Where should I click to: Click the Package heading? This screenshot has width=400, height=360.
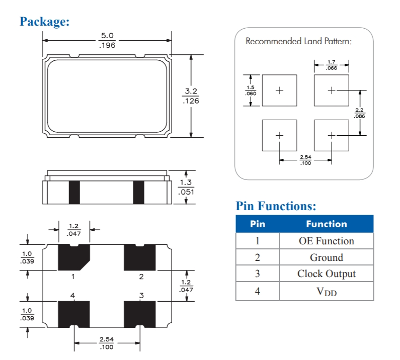(x=44, y=22)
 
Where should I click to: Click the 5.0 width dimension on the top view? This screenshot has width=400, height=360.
(x=107, y=36)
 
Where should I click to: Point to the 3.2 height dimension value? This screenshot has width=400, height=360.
(x=191, y=91)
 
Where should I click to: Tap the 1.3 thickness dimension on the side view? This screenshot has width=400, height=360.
(x=186, y=183)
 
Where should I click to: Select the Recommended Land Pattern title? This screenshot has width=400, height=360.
(x=298, y=41)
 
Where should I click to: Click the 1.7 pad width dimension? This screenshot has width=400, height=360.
(x=332, y=61)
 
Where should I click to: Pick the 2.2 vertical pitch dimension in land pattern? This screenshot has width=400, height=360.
(x=359, y=110)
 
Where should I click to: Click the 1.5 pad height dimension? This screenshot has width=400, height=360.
(x=250, y=87)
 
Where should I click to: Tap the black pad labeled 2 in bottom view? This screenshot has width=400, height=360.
(x=140, y=257)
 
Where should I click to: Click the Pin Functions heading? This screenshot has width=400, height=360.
(x=276, y=206)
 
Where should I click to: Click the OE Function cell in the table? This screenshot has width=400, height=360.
(x=326, y=241)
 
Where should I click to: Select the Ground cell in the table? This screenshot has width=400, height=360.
(x=326, y=257)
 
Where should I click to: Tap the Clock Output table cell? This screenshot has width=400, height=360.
(x=326, y=274)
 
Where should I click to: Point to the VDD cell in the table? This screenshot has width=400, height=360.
(x=326, y=291)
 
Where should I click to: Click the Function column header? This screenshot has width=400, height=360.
(x=326, y=224)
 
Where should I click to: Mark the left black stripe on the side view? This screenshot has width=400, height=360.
(x=74, y=192)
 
